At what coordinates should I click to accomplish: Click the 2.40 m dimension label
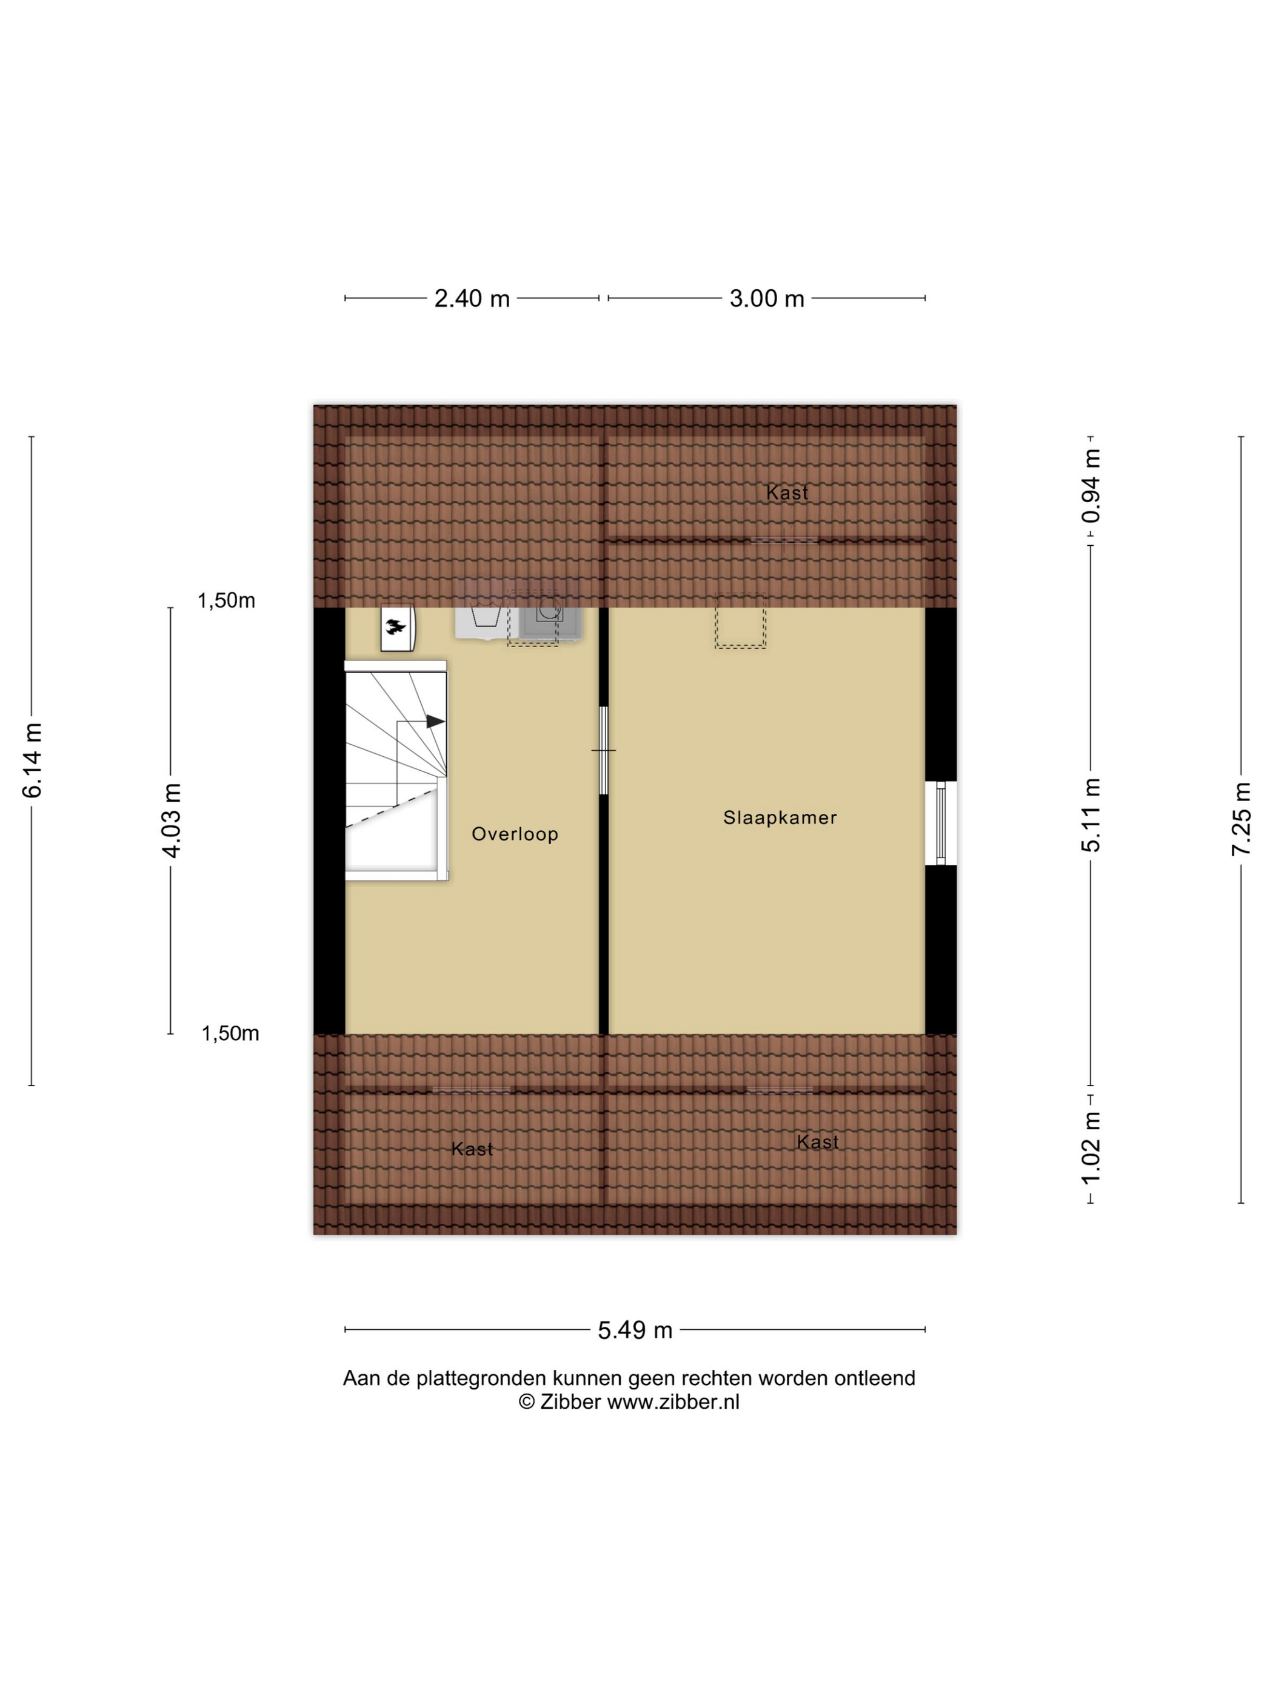[x=472, y=298]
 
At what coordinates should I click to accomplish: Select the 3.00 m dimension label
[x=767, y=298]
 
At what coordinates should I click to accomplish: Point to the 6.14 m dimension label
[x=33, y=760]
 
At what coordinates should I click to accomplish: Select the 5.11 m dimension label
[x=1091, y=814]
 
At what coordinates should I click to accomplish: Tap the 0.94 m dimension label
[x=1091, y=486]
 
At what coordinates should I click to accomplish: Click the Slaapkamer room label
[x=780, y=817]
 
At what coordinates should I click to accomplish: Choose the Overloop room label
[x=514, y=834]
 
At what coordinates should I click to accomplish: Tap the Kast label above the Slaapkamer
[x=787, y=493]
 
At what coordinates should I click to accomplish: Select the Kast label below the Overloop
[x=472, y=1149]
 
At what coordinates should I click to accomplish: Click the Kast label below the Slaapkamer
[x=817, y=1143]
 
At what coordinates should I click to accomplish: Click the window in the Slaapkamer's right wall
[x=941, y=823]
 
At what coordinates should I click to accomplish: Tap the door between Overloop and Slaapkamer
[x=603, y=750]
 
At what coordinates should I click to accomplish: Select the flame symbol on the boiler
[x=396, y=627]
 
